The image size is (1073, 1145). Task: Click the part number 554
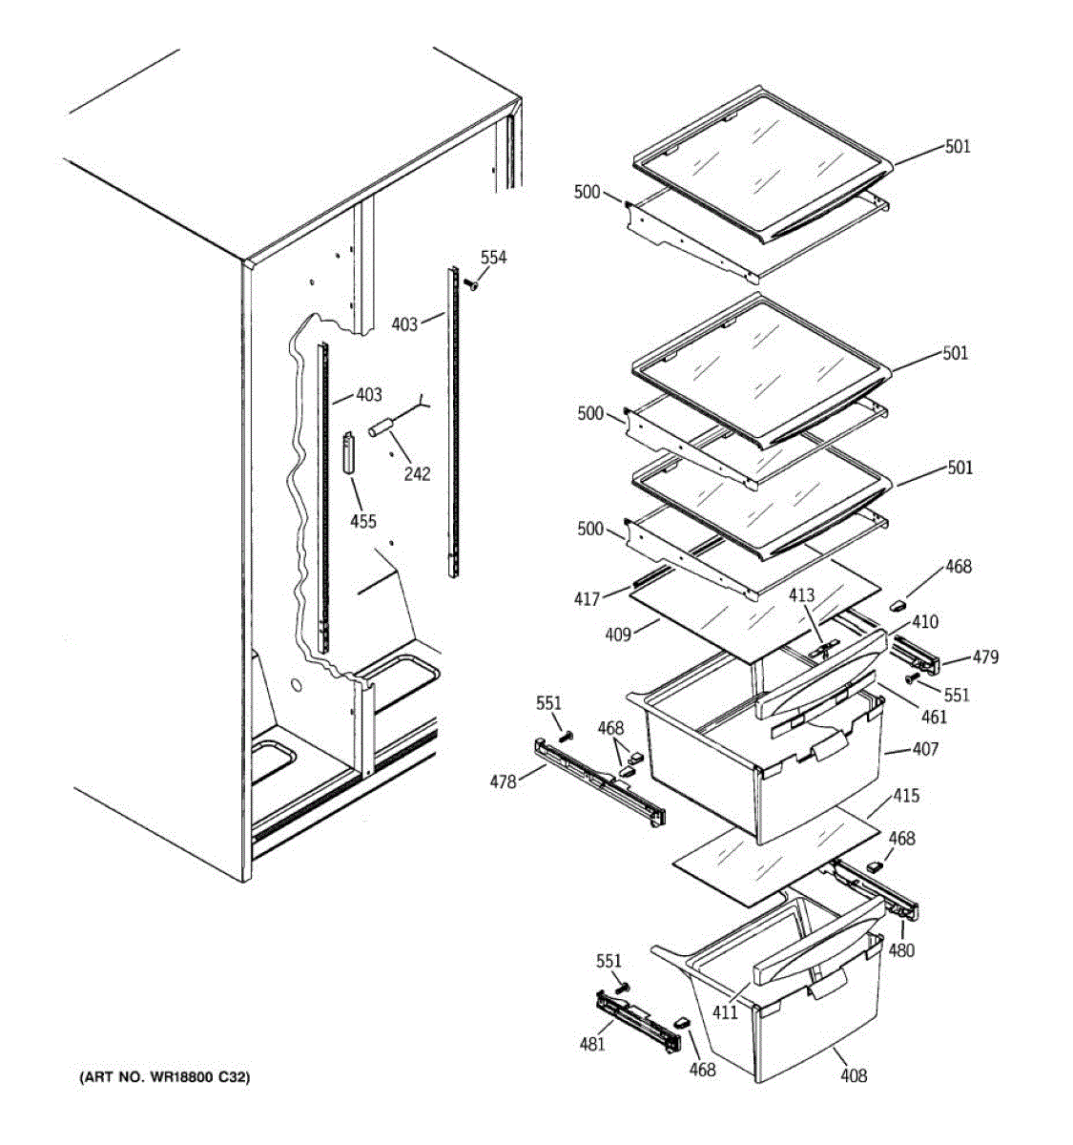(493, 258)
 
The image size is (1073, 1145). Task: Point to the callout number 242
(417, 473)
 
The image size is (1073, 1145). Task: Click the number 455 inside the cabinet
(362, 521)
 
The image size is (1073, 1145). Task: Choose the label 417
(588, 599)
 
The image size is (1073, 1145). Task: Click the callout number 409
(619, 633)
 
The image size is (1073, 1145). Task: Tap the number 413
(801, 596)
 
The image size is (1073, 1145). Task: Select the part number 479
(985, 656)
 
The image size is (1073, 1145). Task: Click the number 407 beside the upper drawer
(924, 749)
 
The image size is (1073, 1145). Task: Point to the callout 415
(905, 795)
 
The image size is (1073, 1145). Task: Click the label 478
(504, 781)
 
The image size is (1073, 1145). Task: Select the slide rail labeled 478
(602, 778)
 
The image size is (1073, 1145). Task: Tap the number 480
(900, 949)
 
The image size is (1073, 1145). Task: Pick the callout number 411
(725, 1012)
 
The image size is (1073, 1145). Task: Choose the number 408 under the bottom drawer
(854, 1075)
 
